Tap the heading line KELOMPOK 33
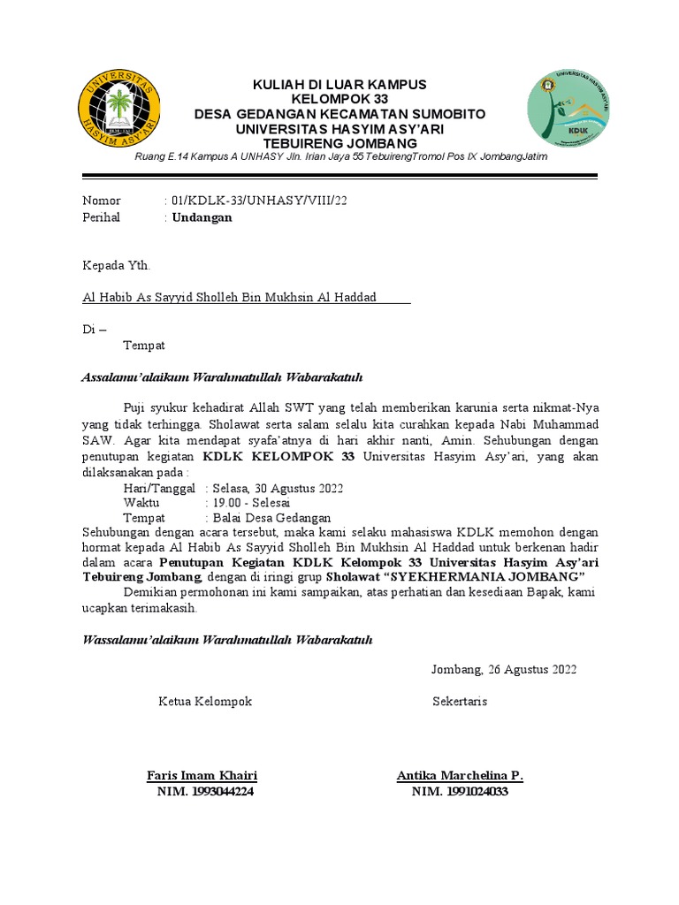[339, 99]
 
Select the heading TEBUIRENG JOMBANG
[339, 143]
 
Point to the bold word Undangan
[202, 217]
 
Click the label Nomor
[101, 201]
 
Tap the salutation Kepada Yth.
[117, 264]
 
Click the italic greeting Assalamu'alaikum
[222, 377]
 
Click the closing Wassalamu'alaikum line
[227, 639]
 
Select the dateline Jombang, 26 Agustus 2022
[504, 669]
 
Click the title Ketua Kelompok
[205, 701]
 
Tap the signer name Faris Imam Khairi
[202, 776]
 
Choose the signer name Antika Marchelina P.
[460, 776]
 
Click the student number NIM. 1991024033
[460, 792]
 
